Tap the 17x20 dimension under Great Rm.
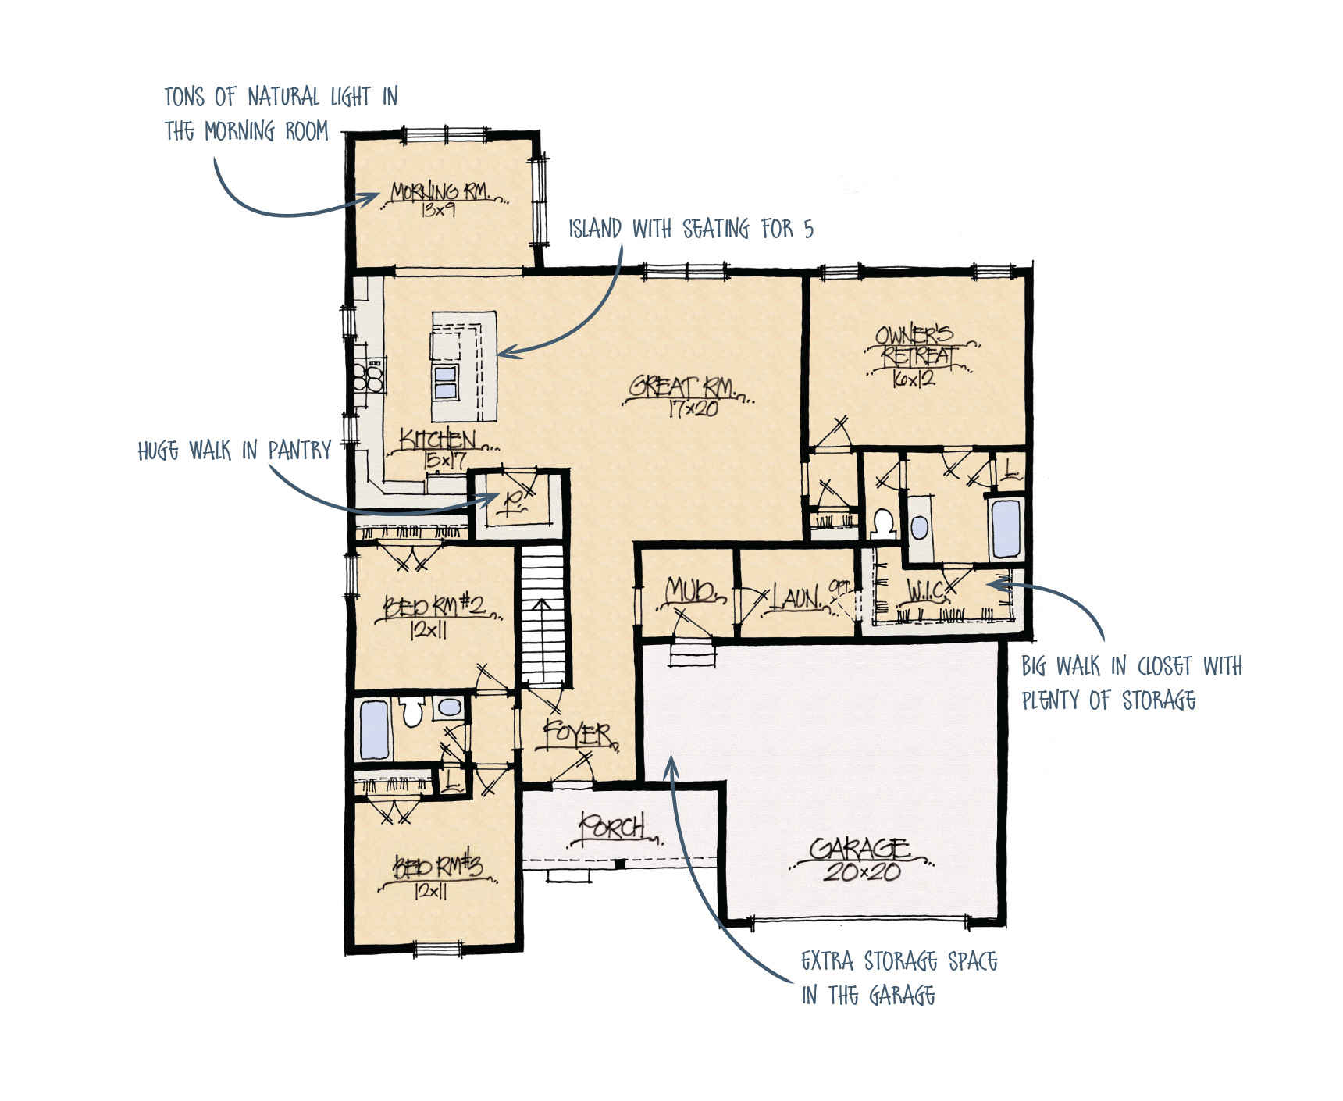pos(693,408)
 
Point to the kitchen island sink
pos(446,382)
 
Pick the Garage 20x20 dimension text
pos(862,872)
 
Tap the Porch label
pos(613,826)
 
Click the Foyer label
pos(577,734)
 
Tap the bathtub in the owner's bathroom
pos(1005,529)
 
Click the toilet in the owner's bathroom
pos(883,523)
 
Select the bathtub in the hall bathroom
pos(374,730)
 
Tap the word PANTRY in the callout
pos(300,450)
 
